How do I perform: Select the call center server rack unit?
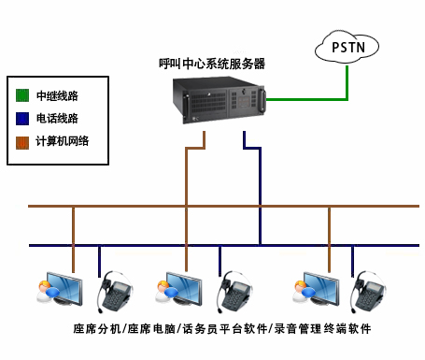pos(220,102)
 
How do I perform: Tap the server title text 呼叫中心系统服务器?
pos(212,65)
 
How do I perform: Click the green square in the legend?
pos(23,95)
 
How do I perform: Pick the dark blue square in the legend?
pos(23,119)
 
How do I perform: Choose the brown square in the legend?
pos(23,142)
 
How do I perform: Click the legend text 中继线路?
pos(56,95)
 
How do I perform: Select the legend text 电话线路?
pos(56,119)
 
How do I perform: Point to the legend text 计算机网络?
pos(62,142)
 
